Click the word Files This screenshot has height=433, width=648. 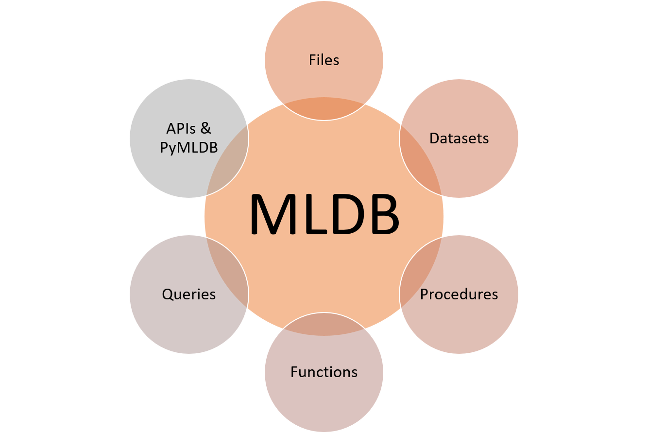pos(324,60)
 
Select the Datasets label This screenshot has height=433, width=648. pos(459,139)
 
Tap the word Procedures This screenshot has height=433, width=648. pos(459,294)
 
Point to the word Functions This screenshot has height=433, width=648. pos(324,372)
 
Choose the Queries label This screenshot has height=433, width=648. pos(189,294)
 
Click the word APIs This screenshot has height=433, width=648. pos(181,129)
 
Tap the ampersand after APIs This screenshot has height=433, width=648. pos(206,129)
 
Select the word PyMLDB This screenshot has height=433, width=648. pos(189,147)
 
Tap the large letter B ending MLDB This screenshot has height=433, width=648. pos(381,214)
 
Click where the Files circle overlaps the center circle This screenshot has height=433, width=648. pos(324,108)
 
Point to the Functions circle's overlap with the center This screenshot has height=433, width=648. pos(324,325)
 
